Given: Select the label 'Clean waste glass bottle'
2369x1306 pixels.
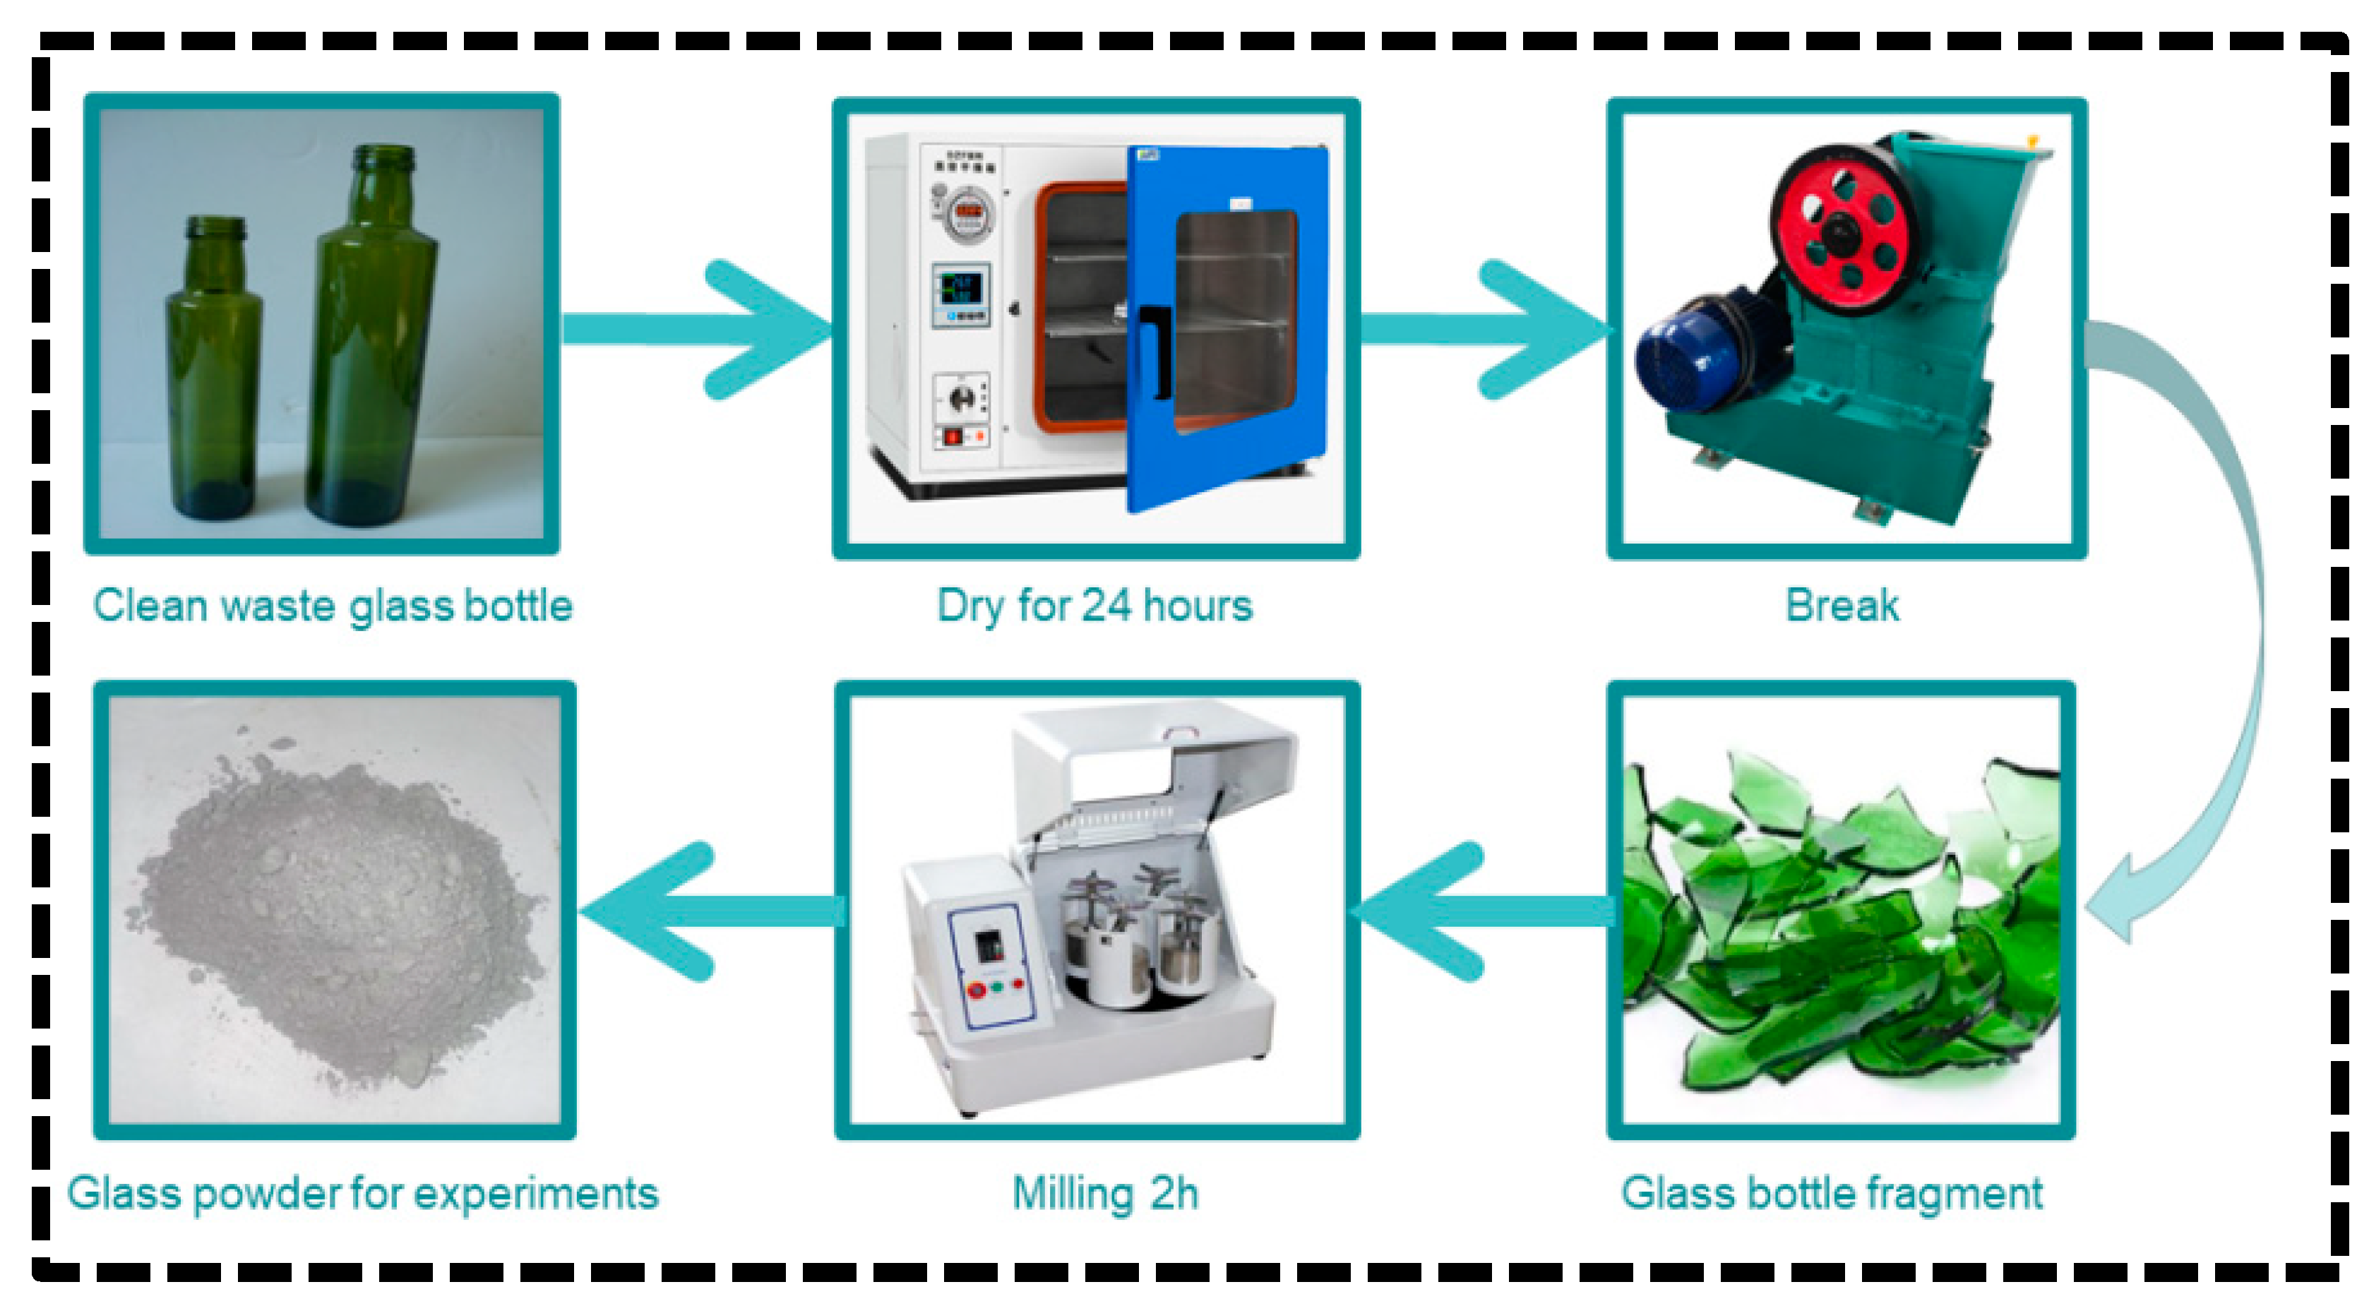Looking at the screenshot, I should pos(333,606).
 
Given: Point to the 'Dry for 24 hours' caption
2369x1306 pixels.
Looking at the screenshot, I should pos(1094,606).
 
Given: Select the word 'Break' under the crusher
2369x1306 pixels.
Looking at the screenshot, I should pos(1842,606).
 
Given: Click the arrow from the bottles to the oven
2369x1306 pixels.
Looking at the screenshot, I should pos(699,329).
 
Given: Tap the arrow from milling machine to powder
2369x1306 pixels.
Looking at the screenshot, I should pos(708,911).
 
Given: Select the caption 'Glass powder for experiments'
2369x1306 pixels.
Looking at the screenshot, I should pos(363,1194).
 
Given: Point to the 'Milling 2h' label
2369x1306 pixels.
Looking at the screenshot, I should pos(1105,1194).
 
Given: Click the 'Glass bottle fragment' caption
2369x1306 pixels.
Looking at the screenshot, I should pos(1832,1194).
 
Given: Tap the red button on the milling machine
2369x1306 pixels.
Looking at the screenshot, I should pos(977,990).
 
